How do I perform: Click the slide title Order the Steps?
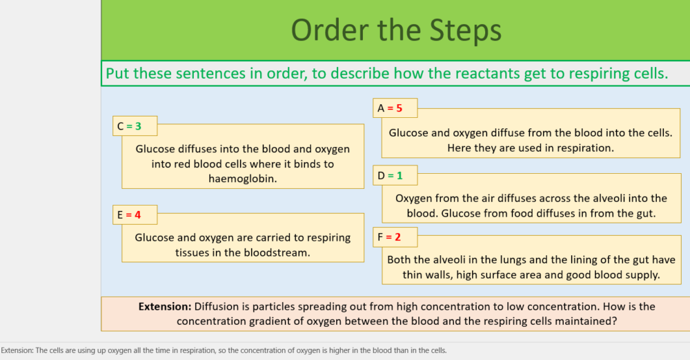coord(395,30)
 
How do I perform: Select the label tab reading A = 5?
coord(395,108)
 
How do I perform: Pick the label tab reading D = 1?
coord(395,176)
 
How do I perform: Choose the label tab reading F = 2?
coord(395,237)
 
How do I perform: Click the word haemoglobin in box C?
coord(242,179)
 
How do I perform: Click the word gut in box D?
coord(646,214)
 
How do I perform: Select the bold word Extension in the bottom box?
coord(164,306)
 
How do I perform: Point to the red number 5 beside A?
coord(399,108)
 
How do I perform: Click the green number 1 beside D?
coord(399,176)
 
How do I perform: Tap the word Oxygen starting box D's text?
coord(414,199)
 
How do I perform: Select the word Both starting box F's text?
coord(400,260)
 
